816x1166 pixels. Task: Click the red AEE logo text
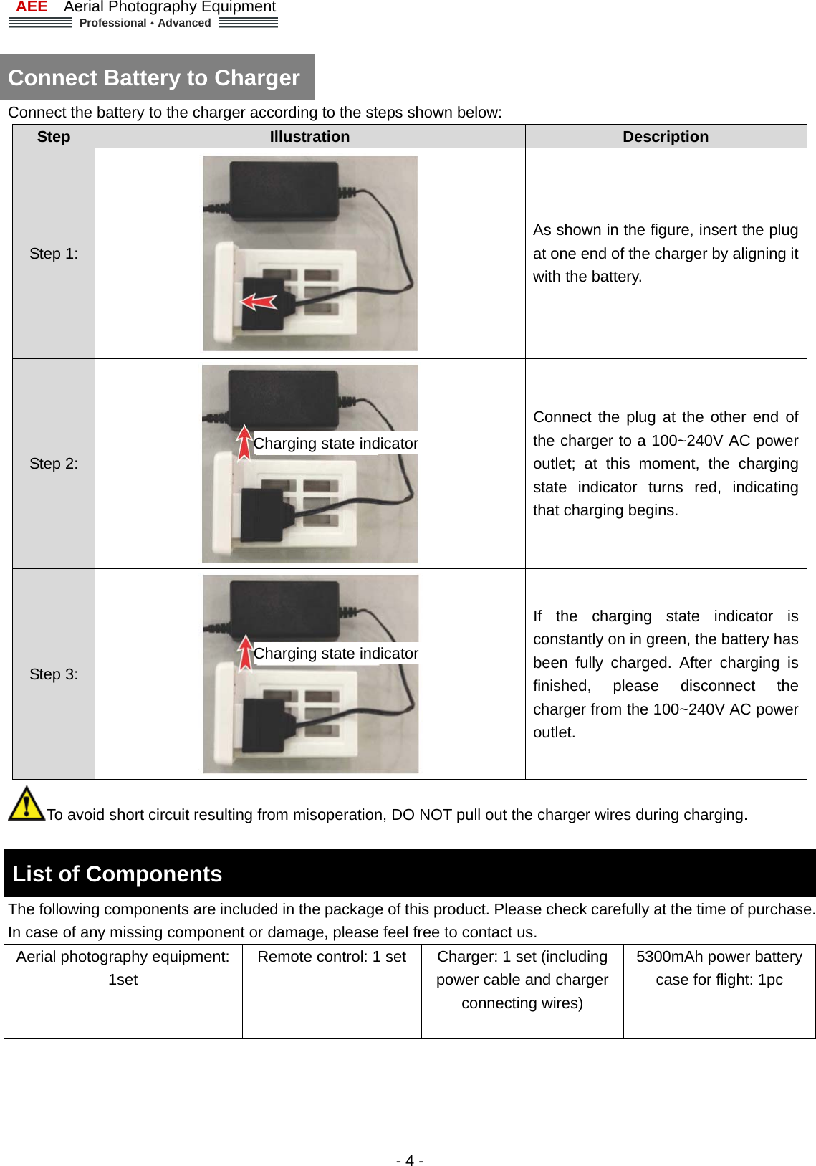click(32, 7)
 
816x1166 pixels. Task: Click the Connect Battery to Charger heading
click(154, 77)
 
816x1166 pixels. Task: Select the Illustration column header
click(309, 137)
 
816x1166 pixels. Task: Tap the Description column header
click(665, 137)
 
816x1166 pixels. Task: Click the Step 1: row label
click(54, 254)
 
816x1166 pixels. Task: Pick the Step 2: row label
click(54, 464)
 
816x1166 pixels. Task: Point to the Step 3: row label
click(54, 674)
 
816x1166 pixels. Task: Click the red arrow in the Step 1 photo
click(259, 302)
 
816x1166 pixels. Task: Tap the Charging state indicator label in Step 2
click(335, 444)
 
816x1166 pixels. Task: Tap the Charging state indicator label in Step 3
click(335, 654)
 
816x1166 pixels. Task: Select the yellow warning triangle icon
click(27, 804)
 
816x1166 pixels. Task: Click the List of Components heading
click(117, 874)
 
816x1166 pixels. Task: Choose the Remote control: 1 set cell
click(332, 957)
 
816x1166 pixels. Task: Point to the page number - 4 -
click(409, 1160)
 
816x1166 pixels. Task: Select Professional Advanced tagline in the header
click(145, 23)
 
